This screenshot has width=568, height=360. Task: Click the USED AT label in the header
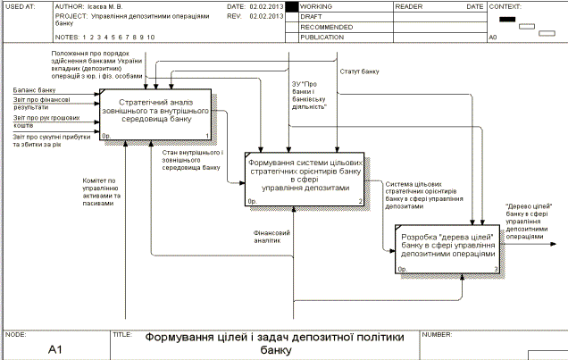(x=16, y=6)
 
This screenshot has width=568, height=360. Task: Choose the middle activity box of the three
(x=305, y=178)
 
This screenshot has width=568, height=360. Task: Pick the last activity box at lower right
(x=447, y=247)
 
